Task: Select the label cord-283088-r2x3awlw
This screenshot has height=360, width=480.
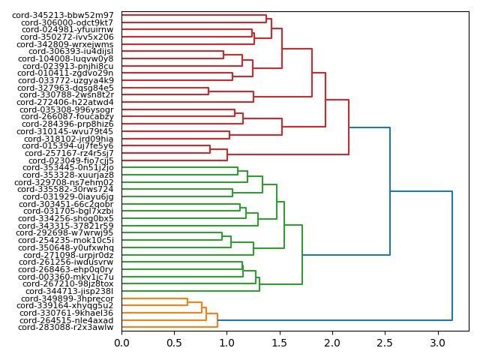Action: pos(66,328)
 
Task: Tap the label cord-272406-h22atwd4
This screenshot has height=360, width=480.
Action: pos(66,102)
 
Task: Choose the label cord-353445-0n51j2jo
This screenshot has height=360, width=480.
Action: pos(67,168)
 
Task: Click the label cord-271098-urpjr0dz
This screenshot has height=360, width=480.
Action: pos(66,255)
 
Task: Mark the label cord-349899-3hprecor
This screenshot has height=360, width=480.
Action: pos(67,298)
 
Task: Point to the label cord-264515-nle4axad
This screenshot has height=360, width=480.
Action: pos(67,320)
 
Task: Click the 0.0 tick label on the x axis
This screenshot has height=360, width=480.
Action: pos(121,343)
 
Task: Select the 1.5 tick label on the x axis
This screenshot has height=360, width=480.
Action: pos(279,343)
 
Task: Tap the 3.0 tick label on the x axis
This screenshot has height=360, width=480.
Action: pos(436,343)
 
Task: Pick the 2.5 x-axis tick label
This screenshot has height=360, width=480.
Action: pos(384,343)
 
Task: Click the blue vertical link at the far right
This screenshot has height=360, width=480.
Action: pos(452,256)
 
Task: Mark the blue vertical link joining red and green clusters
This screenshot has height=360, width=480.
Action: pos(390,191)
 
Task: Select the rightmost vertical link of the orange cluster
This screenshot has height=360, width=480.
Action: pos(217,320)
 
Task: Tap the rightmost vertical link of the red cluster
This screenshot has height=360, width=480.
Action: pos(349,127)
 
